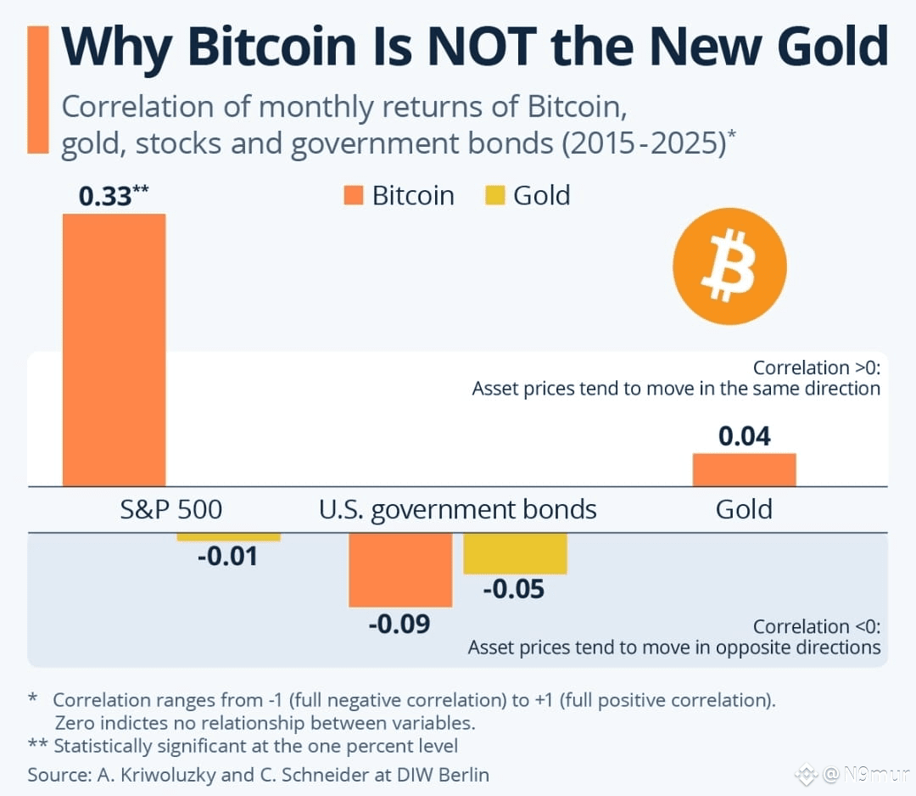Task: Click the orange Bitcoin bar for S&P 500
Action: [x=114, y=350]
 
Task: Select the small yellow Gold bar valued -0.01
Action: [x=228, y=537]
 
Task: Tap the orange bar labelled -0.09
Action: [x=400, y=569]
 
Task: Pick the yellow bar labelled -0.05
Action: [x=516, y=553]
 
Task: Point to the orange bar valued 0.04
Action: [x=745, y=470]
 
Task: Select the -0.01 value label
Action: [x=228, y=557]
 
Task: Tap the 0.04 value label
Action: [x=745, y=436]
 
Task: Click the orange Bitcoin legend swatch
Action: [x=354, y=195]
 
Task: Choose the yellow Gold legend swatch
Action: [x=494, y=195]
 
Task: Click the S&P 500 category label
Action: [x=171, y=510]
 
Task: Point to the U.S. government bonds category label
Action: [x=457, y=510]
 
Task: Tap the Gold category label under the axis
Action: [x=744, y=510]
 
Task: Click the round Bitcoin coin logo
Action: [x=729, y=266]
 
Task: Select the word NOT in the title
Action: [x=482, y=46]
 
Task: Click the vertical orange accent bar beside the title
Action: [x=38, y=89]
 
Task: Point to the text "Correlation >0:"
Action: [x=816, y=367]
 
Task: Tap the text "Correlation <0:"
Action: [x=816, y=626]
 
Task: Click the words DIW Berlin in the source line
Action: [x=443, y=775]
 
